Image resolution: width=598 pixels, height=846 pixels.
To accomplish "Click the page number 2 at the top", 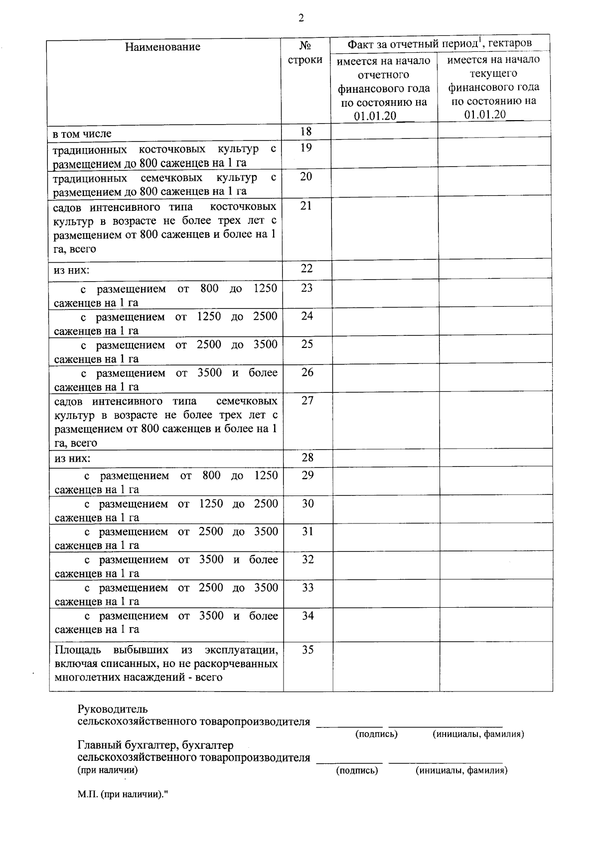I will (300, 19).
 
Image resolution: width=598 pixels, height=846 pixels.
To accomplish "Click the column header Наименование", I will (163, 47).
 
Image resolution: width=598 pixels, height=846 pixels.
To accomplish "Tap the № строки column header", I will (305, 53).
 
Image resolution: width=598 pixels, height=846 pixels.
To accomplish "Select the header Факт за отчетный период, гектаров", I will (439, 43).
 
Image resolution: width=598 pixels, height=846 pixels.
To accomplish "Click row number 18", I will (306, 132).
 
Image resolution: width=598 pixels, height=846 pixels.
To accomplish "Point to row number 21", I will (306, 205).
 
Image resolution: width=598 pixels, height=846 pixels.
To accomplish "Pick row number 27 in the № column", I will (307, 400).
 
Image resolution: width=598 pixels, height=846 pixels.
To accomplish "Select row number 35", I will (308, 650).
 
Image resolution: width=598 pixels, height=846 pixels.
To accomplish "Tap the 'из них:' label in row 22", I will (72, 271).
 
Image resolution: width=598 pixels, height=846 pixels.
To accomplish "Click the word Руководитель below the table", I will (113, 709).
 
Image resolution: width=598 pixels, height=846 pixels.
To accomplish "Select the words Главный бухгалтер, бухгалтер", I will (155, 745).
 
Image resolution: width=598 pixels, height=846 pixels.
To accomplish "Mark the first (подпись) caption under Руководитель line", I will (376, 734).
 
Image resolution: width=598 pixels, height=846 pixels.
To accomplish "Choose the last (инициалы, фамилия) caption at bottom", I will (461, 771).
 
